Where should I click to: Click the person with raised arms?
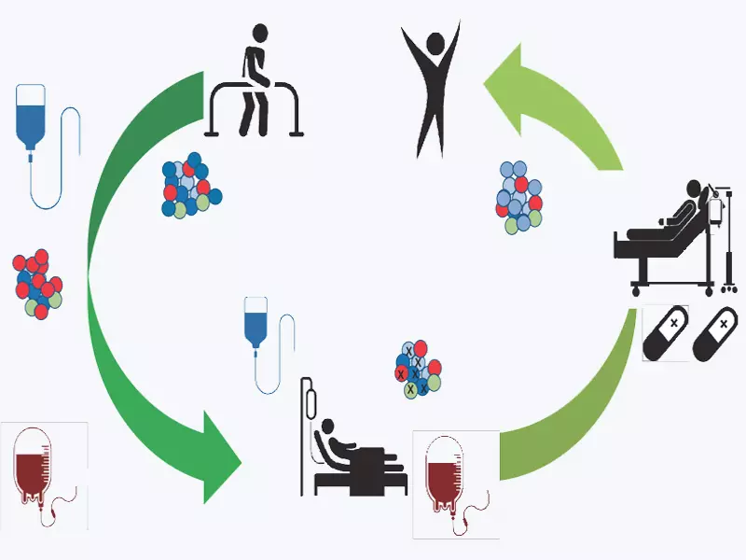pos(431,89)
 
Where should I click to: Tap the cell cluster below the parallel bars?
pos(191,183)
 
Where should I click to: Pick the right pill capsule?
pos(717,335)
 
